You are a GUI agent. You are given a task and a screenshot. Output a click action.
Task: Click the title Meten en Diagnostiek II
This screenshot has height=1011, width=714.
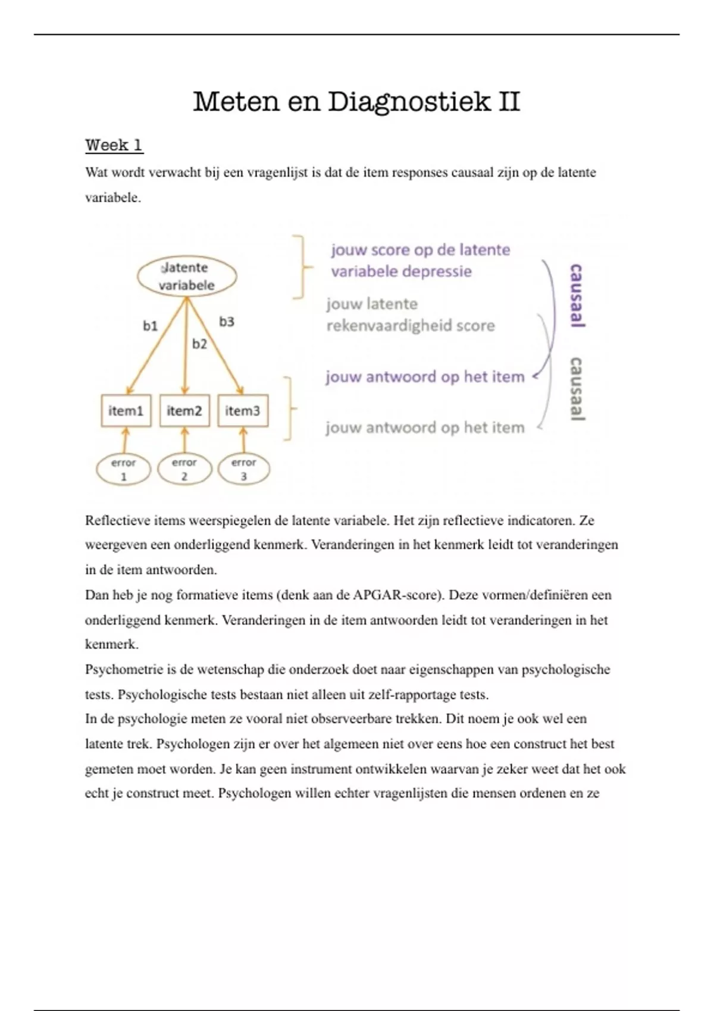coord(356,102)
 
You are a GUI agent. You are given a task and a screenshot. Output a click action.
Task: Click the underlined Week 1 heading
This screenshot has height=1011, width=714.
coord(114,145)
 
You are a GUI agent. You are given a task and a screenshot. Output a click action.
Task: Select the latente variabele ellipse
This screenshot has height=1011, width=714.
coord(187,277)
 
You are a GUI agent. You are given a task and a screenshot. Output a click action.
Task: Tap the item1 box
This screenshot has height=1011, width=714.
coord(126,411)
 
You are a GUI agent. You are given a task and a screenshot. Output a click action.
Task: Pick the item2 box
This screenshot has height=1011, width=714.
coord(184,411)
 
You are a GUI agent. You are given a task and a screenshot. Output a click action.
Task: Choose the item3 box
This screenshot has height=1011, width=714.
coord(243,411)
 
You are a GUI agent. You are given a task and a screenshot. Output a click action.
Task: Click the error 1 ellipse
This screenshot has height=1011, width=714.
coord(124,469)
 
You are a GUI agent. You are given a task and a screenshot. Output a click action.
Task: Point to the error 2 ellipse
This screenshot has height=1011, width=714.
coord(184,469)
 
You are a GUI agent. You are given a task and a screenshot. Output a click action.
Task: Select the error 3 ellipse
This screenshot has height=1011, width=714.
coord(244,469)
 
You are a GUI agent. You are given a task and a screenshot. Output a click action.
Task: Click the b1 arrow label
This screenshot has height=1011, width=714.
coord(150,326)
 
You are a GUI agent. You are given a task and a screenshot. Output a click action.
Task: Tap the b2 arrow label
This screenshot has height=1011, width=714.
coord(199,344)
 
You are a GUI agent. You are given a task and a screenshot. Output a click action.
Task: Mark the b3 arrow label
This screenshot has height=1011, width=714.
coord(227,322)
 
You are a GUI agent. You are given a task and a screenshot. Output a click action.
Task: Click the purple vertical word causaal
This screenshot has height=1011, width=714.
coord(576,296)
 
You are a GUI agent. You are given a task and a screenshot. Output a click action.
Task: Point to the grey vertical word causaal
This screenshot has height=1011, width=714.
coord(576,389)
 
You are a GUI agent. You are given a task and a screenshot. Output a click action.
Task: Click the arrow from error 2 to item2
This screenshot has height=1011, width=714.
coord(184,441)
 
